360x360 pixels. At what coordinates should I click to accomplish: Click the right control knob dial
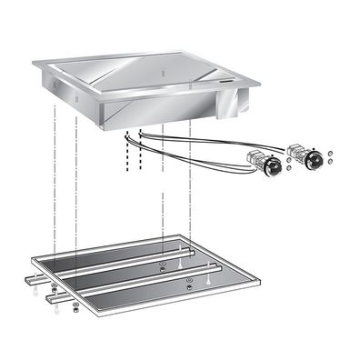pos(314,161)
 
